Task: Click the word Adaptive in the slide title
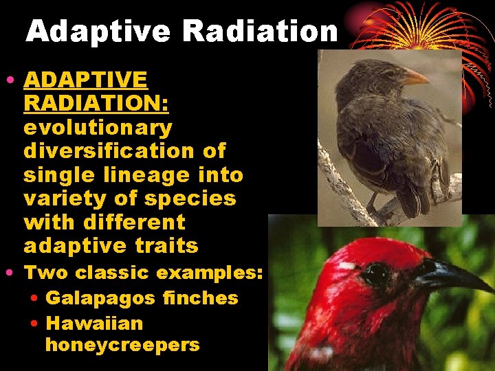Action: pos(98,32)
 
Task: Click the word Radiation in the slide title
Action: pos(260,32)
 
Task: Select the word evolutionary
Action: pos(98,127)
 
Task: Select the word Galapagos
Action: pos(96,297)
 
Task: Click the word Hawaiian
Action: pos(94,322)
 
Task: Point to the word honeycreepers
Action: pos(122,345)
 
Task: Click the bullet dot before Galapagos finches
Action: pos(35,298)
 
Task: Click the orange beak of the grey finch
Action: pos(414,77)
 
